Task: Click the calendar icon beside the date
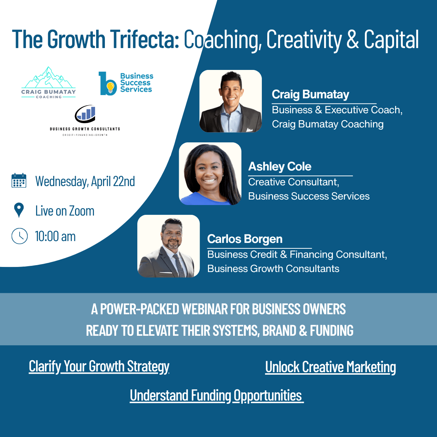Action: point(19,181)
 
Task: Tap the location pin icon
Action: point(19,210)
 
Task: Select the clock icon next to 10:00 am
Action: point(20,236)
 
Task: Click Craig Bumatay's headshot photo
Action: point(231,101)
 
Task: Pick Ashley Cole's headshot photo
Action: point(210,174)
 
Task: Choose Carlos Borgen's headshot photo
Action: point(169,246)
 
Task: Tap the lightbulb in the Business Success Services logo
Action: point(110,87)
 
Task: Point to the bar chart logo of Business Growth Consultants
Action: point(85,114)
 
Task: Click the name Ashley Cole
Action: point(280,166)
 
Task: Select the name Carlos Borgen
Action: point(245,239)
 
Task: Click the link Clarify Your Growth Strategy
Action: point(99,366)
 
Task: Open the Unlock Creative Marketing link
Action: point(330,367)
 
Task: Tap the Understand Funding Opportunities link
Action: point(216,395)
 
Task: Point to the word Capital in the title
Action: point(391,39)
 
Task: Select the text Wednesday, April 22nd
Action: point(85,181)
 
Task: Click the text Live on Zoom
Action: point(65,211)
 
